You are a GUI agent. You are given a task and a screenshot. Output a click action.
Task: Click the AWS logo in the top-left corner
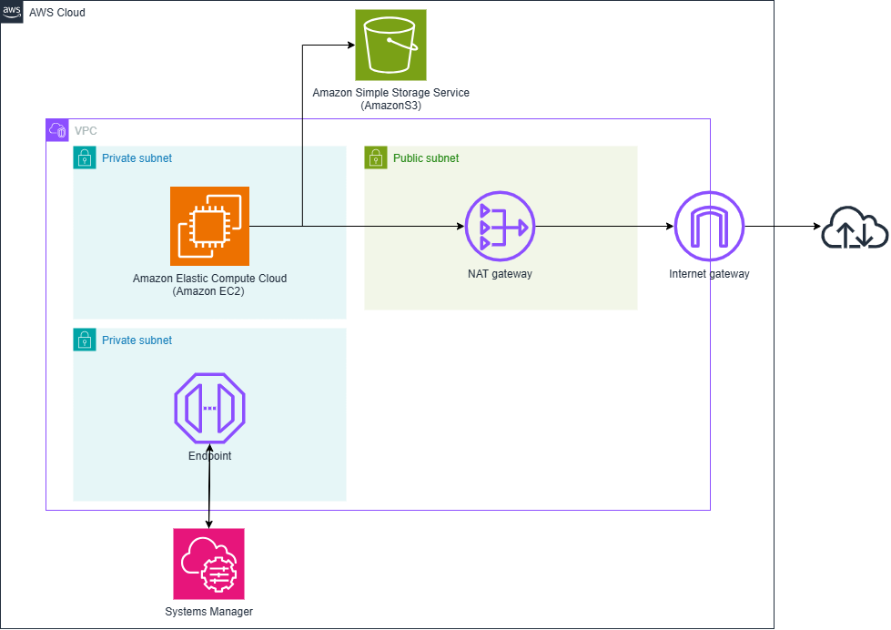coord(12,11)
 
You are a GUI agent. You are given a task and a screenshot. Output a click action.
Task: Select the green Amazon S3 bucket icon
coord(390,45)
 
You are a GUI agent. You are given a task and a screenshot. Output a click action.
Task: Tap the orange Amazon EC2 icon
coord(209,226)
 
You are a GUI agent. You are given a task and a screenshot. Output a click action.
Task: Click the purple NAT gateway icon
coord(500,226)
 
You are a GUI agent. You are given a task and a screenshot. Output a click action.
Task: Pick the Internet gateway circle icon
coord(709,226)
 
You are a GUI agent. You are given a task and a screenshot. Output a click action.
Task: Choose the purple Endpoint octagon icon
coord(209,407)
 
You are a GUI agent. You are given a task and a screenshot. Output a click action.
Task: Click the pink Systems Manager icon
coord(208,564)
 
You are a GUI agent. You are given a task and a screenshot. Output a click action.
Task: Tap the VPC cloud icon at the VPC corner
coord(57,130)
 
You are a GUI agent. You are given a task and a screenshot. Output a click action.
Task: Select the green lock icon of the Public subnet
coord(376,157)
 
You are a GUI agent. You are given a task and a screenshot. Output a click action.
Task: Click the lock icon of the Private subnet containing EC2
coord(85,157)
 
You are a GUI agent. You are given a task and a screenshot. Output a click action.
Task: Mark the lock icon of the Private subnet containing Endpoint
coord(85,340)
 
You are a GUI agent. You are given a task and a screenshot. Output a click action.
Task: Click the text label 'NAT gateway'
coord(500,273)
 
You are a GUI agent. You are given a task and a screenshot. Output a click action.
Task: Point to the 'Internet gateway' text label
coord(709,273)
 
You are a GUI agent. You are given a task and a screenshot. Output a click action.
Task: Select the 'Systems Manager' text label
coord(208,612)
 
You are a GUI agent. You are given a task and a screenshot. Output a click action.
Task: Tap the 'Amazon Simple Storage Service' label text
coord(390,93)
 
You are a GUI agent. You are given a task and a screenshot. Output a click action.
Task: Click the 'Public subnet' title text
coord(426,158)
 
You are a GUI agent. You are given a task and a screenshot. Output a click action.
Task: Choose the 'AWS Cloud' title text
coord(57,12)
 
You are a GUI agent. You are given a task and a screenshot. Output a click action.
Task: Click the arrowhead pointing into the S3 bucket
coord(349,45)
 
